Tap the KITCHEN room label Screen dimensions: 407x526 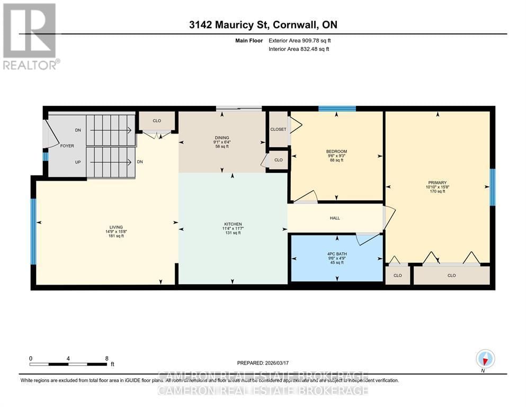point(233,224)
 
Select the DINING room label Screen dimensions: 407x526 point(221,138)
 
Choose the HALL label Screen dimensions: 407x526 point(335,218)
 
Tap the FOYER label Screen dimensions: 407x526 point(67,146)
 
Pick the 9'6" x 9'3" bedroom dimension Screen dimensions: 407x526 point(336,156)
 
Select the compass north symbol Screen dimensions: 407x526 point(485,359)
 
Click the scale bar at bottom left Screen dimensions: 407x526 point(68,364)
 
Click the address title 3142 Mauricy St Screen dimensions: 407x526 point(263,25)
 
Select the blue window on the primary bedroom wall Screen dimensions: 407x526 point(492,187)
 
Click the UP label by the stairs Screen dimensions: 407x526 point(78,162)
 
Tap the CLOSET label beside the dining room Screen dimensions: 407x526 point(278,129)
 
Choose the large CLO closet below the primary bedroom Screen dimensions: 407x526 point(451,275)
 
